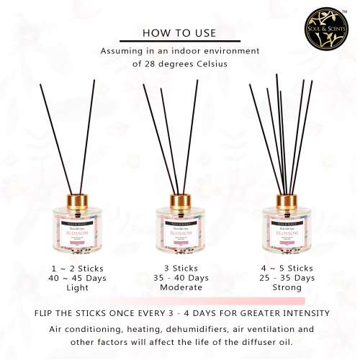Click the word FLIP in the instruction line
47,313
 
